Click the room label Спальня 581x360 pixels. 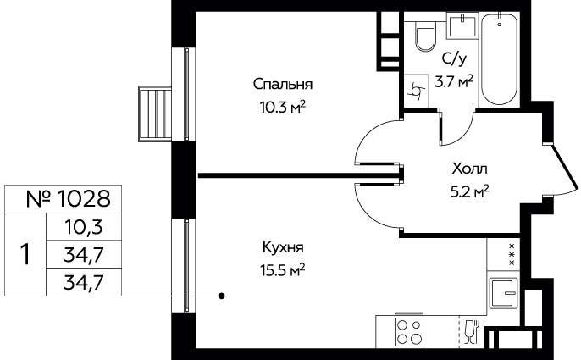tap(283, 84)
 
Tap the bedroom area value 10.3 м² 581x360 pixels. tap(283, 108)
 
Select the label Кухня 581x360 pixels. tap(283, 247)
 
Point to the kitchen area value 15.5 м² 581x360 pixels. tap(283, 270)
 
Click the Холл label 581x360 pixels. tap(469, 169)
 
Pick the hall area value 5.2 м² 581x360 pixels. tap(469, 192)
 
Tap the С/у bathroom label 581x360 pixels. tap(454, 58)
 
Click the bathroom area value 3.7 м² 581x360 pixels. tap(454, 81)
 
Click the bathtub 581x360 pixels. tap(499, 59)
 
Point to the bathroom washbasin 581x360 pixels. tap(462, 25)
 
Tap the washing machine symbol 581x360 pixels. tap(416, 91)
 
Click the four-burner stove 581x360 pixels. tap(409, 331)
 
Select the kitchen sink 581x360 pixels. tap(503, 293)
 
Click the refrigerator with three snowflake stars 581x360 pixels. tap(503, 254)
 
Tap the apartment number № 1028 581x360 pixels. tap(69, 199)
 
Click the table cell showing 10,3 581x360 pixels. tap(83, 227)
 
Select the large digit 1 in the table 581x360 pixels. tap(25, 254)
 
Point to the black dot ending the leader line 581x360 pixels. tap(222, 296)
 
